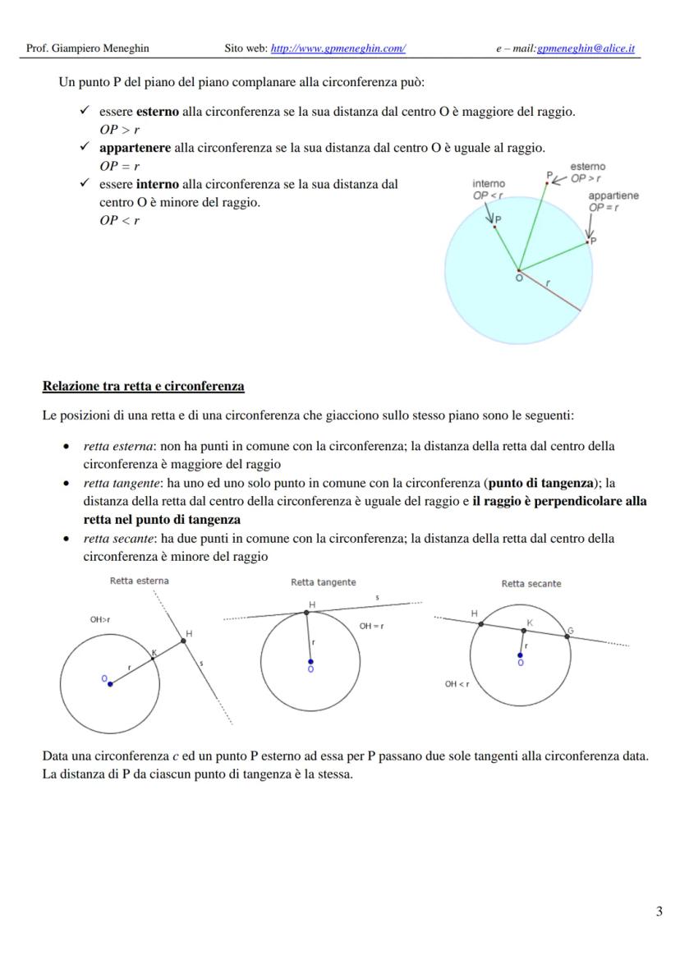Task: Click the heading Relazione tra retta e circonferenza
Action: tap(143, 386)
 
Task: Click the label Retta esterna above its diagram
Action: tap(140, 581)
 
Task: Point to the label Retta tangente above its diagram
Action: tap(324, 582)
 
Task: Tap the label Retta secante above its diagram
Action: tap(531, 584)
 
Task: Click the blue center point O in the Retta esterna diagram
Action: tap(110, 684)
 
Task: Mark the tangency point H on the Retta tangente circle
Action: tap(307, 613)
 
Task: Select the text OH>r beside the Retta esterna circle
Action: tap(100, 620)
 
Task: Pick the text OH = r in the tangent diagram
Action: tap(371, 627)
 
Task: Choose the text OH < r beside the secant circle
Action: tap(457, 683)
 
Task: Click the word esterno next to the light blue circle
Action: tap(587, 167)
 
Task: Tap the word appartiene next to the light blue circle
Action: tap(613, 196)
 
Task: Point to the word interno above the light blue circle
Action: tap(488, 184)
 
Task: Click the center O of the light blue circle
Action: tap(518, 270)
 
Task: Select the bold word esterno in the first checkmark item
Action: tap(157, 112)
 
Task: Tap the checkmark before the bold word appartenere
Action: tap(85, 147)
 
